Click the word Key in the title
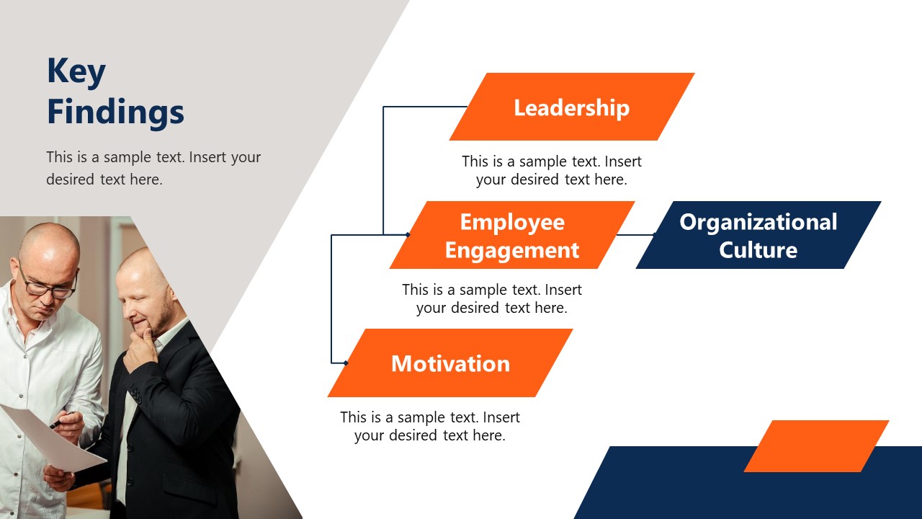tap(76, 72)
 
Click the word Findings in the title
tap(115, 113)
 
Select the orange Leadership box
tap(571, 107)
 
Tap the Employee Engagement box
tap(511, 236)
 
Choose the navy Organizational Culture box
tap(758, 236)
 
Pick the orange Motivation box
tap(450, 363)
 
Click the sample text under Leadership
tap(551, 171)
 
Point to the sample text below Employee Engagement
tap(491, 299)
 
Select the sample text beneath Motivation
tap(429, 426)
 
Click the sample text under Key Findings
tap(153, 168)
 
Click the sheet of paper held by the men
tap(50, 436)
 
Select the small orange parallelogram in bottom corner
tap(816, 446)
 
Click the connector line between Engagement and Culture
tap(635, 235)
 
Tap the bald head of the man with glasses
tap(49, 245)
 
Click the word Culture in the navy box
tap(758, 250)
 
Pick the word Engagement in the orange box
tap(511, 250)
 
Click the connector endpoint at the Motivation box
tap(346, 363)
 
